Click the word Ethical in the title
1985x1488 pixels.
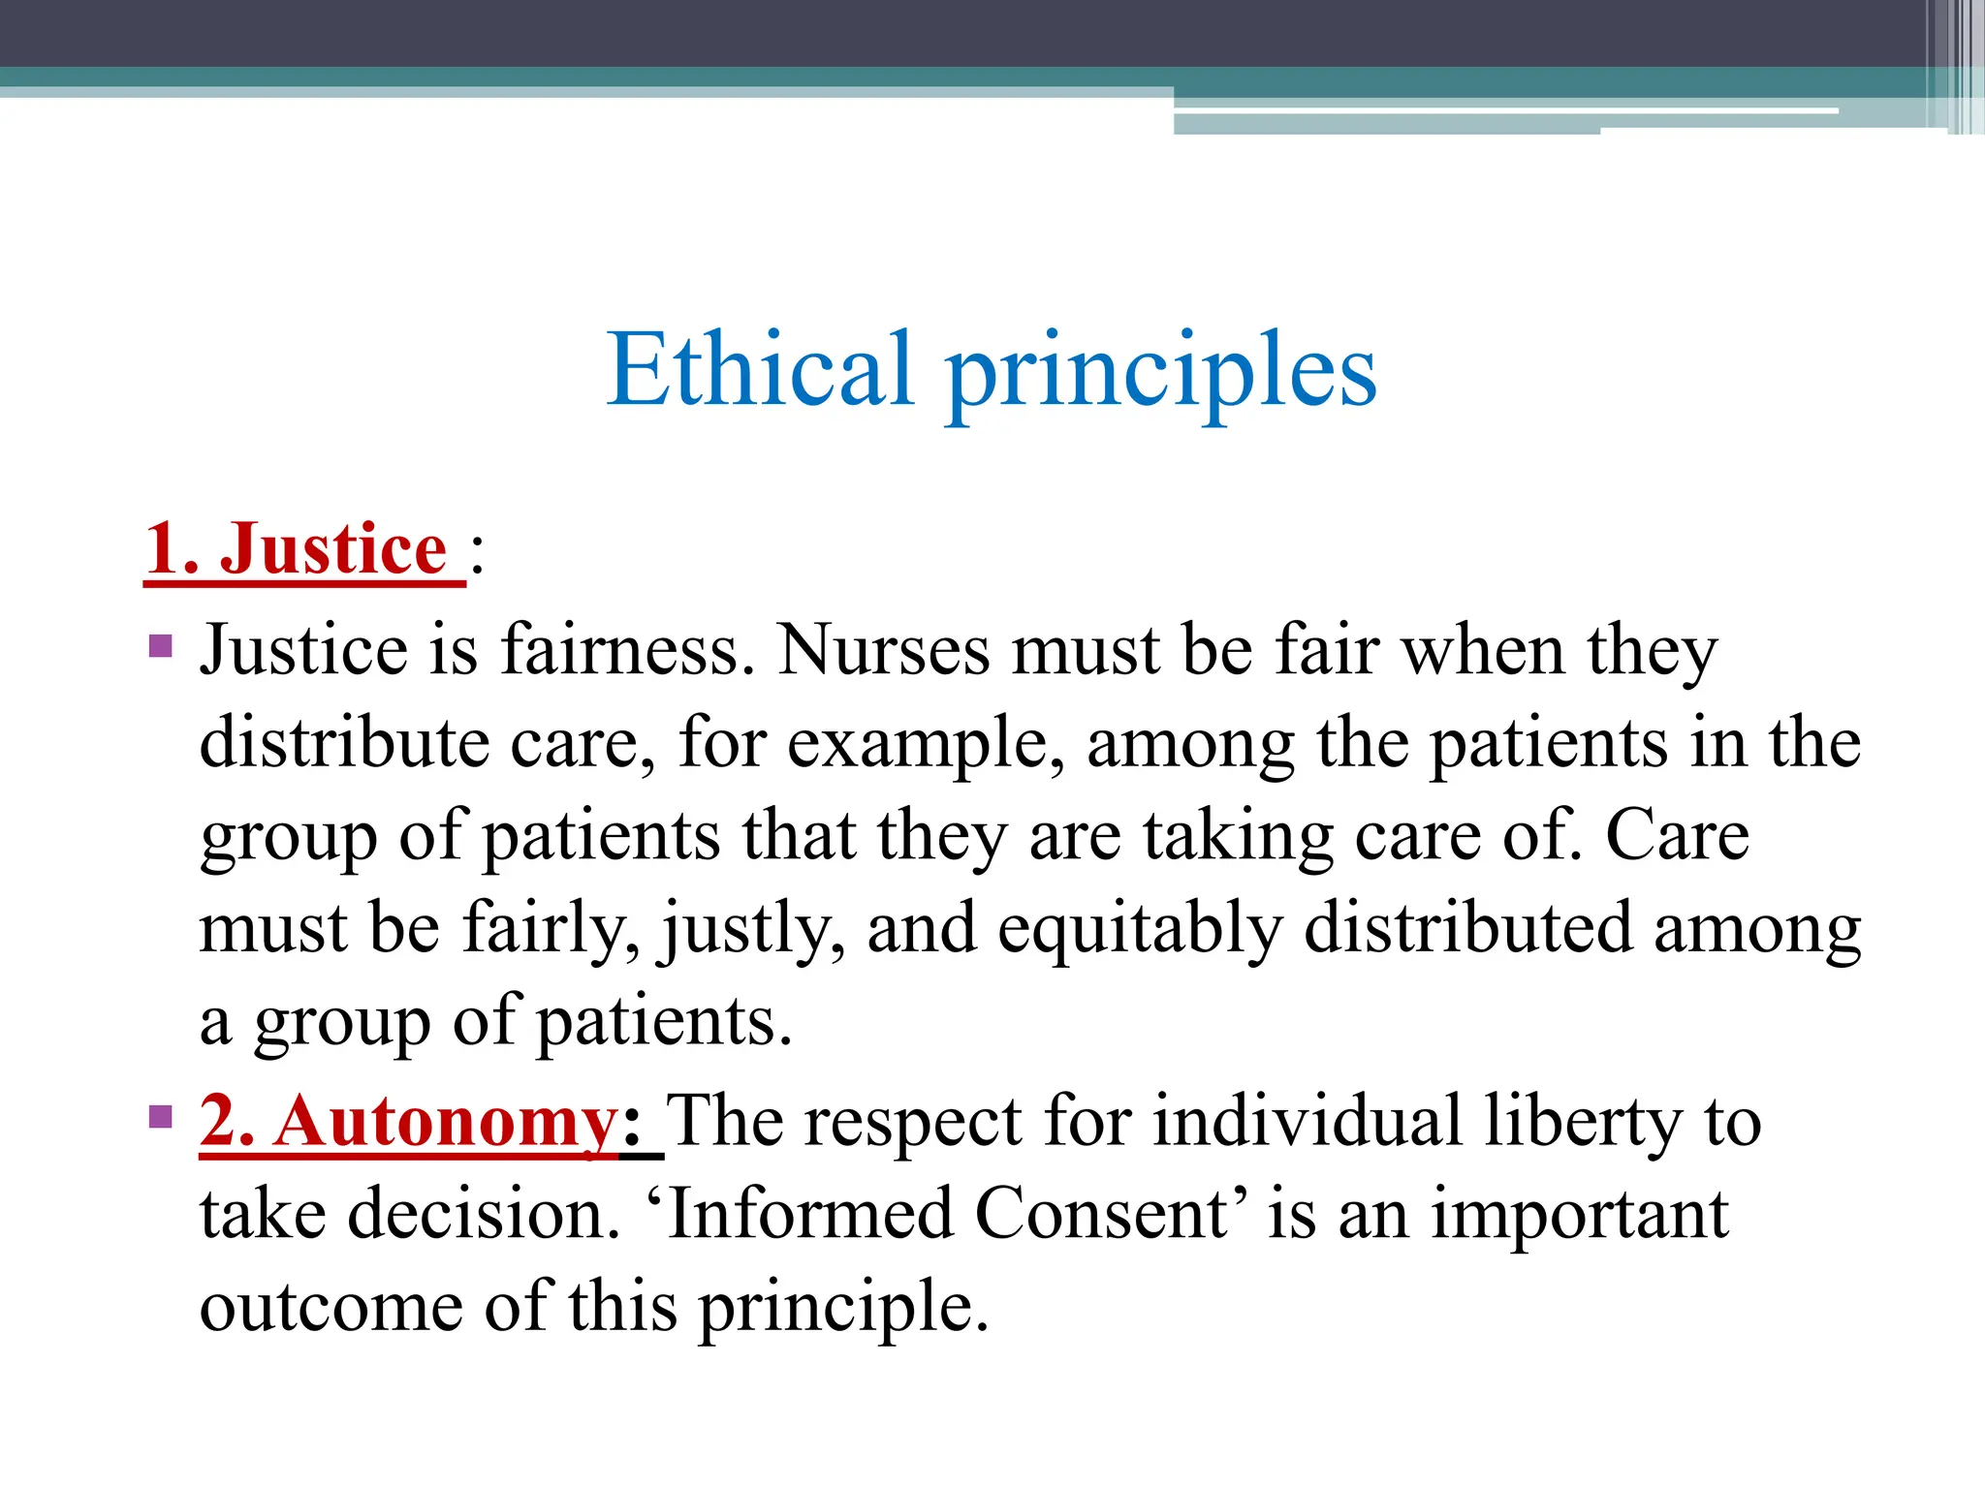(x=760, y=370)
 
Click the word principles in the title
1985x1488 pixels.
(x=1161, y=374)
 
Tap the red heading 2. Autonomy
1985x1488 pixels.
(x=408, y=1121)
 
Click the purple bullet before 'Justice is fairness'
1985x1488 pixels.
(x=161, y=645)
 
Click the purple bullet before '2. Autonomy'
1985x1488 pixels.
(x=161, y=1117)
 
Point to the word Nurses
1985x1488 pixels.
(x=884, y=649)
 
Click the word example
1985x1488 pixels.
(x=926, y=744)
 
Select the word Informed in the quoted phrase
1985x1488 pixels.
(x=810, y=1214)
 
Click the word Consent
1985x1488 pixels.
(x=1103, y=1214)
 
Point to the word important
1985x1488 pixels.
(x=1580, y=1216)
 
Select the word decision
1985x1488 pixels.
(x=483, y=1214)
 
